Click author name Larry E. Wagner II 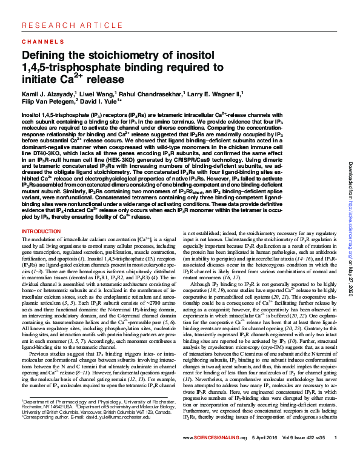pyautogui.click(x=215, y=96)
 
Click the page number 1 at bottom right pyautogui.click(x=336, y=437)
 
